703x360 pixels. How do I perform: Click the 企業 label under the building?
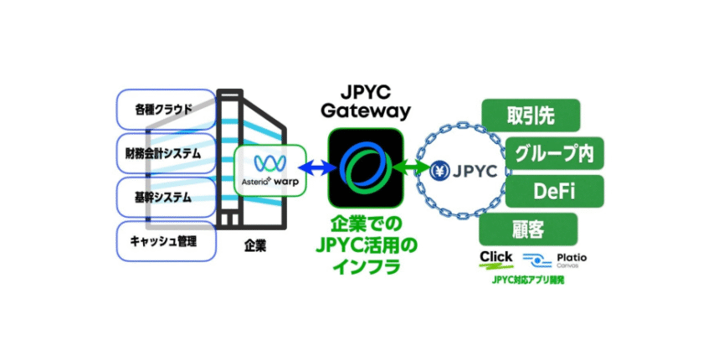point(255,249)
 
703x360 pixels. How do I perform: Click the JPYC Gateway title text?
point(366,100)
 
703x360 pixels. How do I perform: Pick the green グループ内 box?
point(555,153)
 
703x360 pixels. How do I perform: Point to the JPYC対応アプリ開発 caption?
point(528,280)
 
